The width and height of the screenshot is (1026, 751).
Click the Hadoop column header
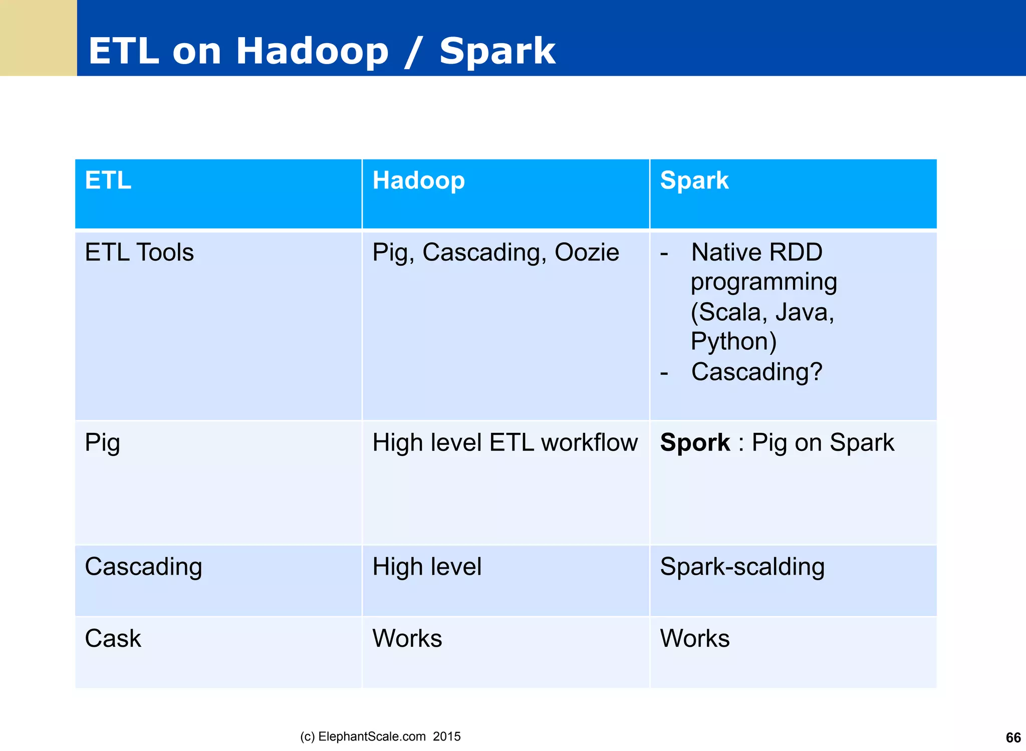pyautogui.click(x=418, y=181)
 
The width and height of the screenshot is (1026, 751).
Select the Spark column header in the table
pyautogui.click(x=694, y=181)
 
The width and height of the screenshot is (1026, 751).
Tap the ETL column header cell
pyautogui.click(x=108, y=181)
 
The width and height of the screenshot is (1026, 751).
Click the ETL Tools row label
pyautogui.click(x=139, y=253)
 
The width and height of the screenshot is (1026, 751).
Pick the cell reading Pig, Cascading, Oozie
pyautogui.click(x=495, y=253)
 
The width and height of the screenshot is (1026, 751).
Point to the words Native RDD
pyautogui.click(x=756, y=253)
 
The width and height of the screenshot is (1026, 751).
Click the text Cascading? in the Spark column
pyautogui.click(x=756, y=372)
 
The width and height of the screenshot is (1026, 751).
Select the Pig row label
pyautogui.click(x=102, y=443)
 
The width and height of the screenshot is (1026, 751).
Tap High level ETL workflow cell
pyautogui.click(x=504, y=443)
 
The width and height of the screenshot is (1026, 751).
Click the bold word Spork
pyautogui.click(x=695, y=443)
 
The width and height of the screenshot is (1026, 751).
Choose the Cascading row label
pyautogui.click(x=143, y=567)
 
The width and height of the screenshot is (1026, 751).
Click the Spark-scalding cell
pyautogui.click(x=742, y=567)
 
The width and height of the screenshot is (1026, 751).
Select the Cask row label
pyautogui.click(x=113, y=639)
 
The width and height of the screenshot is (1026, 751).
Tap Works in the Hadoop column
pyautogui.click(x=407, y=639)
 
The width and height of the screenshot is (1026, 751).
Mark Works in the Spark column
pyautogui.click(x=694, y=639)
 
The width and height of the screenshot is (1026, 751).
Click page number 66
pyautogui.click(x=1013, y=737)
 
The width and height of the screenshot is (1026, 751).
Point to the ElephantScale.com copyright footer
pyautogui.click(x=380, y=736)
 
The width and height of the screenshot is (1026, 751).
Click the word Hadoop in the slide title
pyautogui.click(x=312, y=51)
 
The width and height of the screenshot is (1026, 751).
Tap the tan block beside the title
pyautogui.click(x=38, y=38)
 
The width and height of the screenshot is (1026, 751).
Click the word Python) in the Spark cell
pyautogui.click(x=733, y=342)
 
